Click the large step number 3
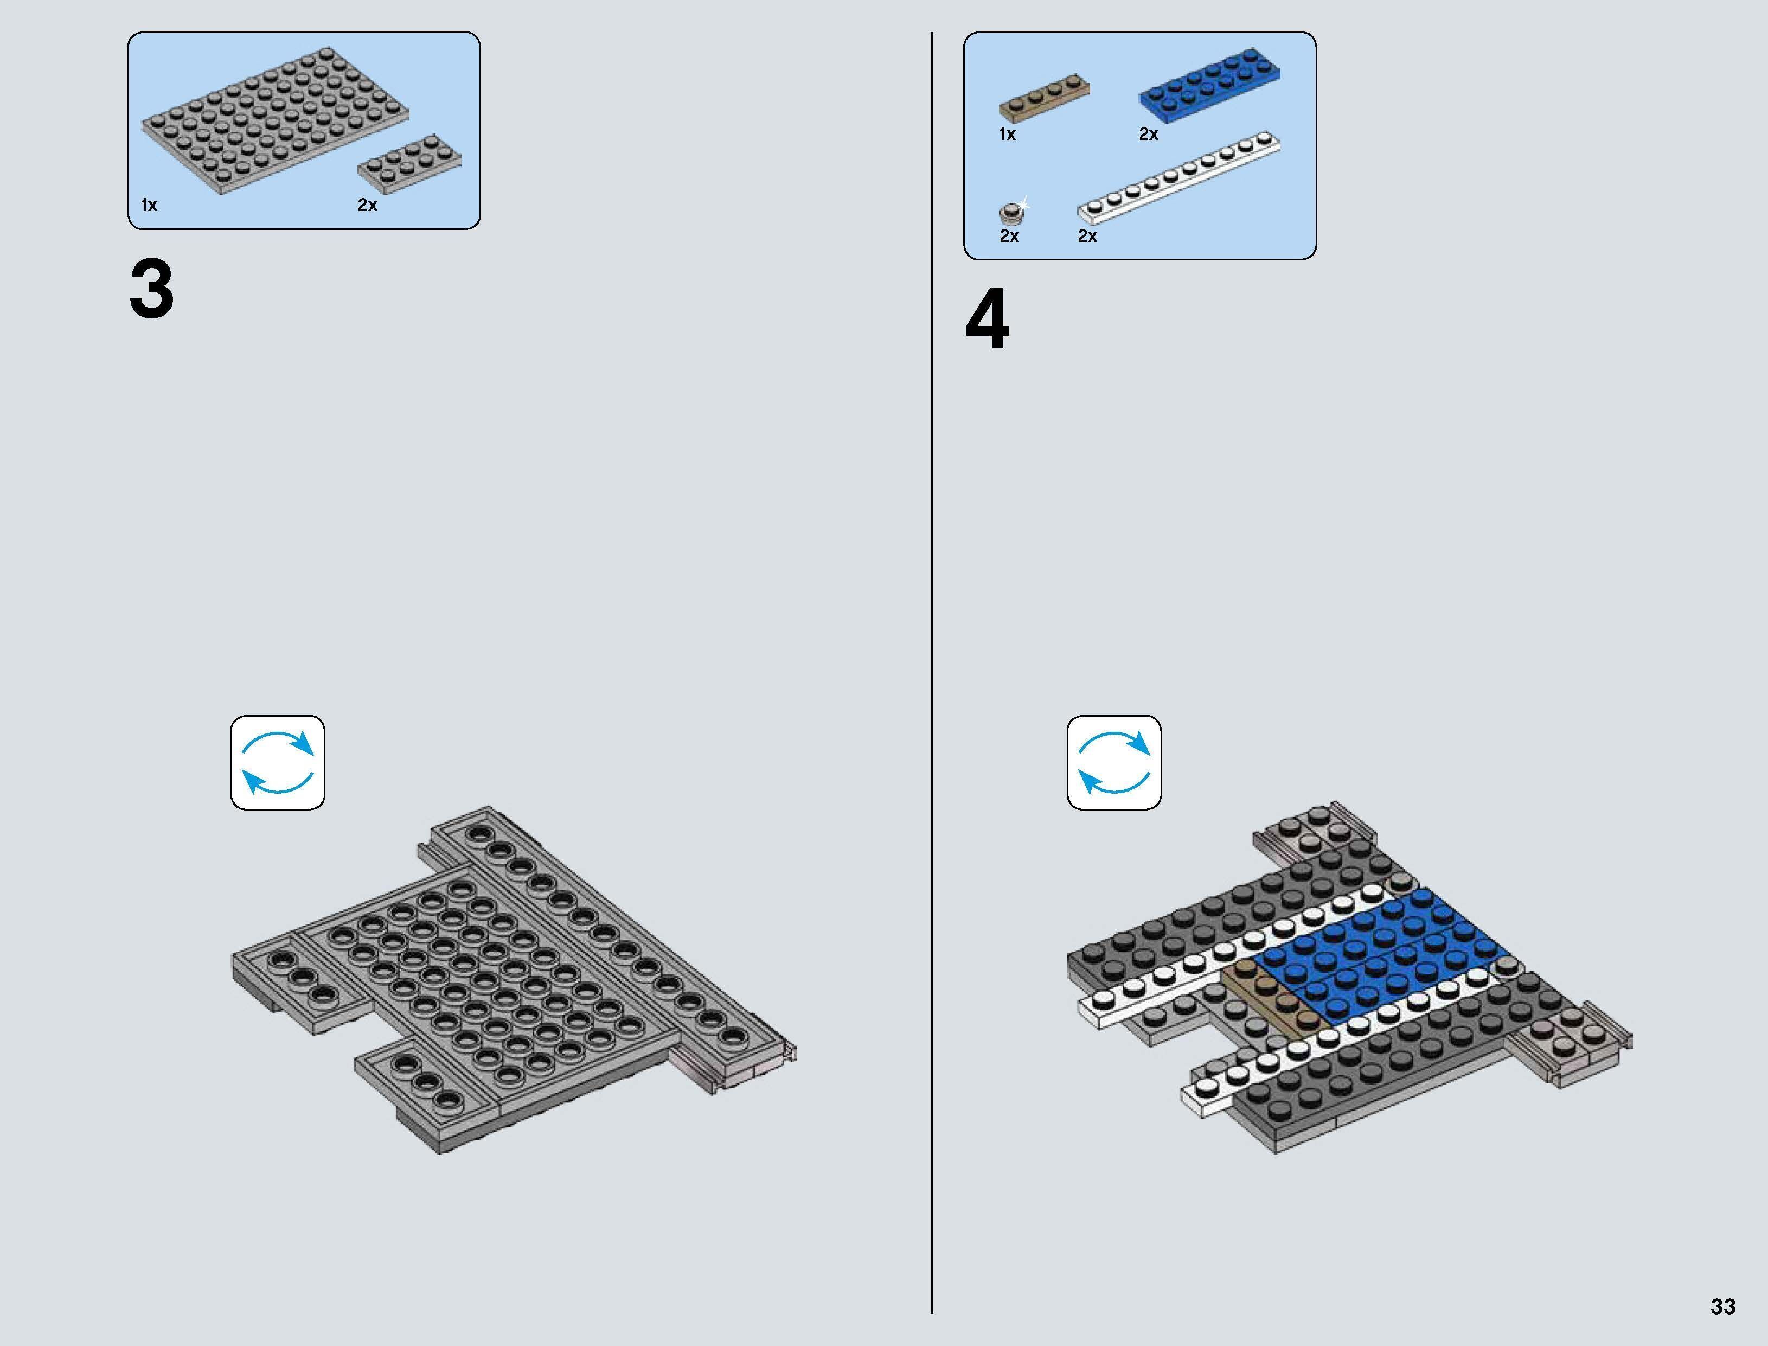point(151,290)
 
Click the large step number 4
point(987,321)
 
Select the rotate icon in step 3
point(278,763)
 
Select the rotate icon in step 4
point(1114,763)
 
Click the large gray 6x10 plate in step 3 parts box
point(276,120)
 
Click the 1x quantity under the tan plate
point(1007,135)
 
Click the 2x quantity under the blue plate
point(1148,135)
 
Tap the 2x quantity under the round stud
point(1009,237)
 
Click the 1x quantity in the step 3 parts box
point(149,205)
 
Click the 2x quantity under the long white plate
point(1087,237)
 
